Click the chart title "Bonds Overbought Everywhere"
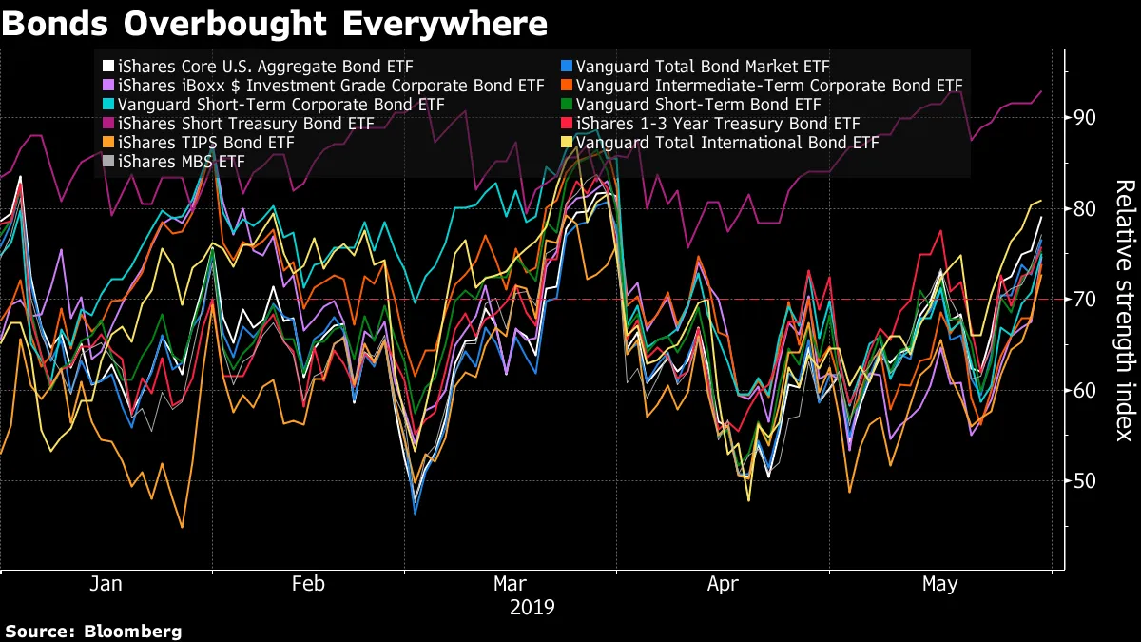pyautogui.click(x=274, y=23)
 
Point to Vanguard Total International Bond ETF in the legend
pyautogui.click(x=726, y=143)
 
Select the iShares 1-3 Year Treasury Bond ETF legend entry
pyautogui.click(x=717, y=124)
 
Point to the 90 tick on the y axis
pyautogui.click(x=1086, y=117)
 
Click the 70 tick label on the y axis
pyautogui.click(x=1086, y=299)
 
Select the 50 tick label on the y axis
pyautogui.click(x=1086, y=480)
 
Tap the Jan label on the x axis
pyautogui.click(x=106, y=583)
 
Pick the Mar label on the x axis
pyautogui.click(x=512, y=583)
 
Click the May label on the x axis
pyautogui.click(x=939, y=583)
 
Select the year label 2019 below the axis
pyautogui.click(x=532, y=606)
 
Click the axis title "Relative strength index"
pyautogui.click(x=1124, y=310)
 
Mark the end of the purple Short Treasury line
pyautogui.click(x=1041, y=91)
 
